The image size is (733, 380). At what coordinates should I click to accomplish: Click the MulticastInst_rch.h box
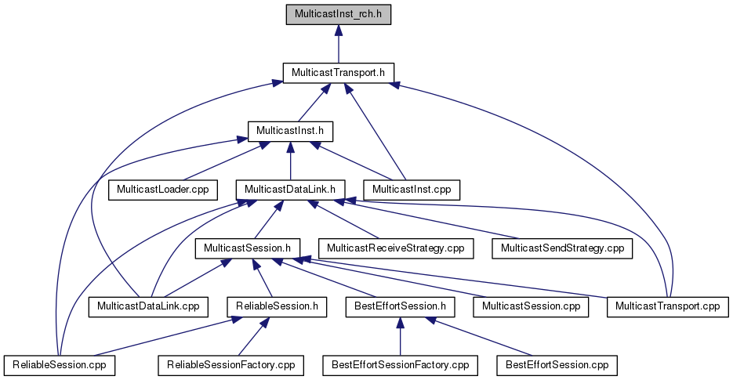point(339,14)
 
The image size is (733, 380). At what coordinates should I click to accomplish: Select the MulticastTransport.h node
point(339,73)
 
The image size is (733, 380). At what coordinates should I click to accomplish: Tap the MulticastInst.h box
point(290,132)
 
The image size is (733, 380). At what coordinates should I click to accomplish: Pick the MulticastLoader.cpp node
point(163,190)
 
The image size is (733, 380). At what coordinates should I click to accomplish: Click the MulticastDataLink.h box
point(290,190)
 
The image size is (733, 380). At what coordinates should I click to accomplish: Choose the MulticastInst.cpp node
point(412,190)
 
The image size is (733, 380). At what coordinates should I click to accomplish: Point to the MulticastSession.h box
point(247,248)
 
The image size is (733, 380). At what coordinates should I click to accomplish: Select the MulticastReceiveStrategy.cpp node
point(396,248)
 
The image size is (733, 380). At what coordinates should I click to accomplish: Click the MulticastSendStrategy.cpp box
point(562,248)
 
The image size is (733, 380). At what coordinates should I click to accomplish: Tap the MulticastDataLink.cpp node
point(148,306)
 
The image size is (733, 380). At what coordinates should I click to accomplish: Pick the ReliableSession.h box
point(278,306)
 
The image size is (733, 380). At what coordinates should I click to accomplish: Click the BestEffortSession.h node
point(400,306)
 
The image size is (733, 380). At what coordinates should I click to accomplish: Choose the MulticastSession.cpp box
point(531,306)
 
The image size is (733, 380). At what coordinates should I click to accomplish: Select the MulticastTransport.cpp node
point(668,306)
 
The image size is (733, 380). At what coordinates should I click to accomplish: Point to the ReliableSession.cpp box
point(60,365)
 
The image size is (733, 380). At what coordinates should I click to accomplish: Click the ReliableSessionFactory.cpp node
point(231,365)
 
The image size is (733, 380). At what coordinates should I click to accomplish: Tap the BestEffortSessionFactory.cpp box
point(400,365)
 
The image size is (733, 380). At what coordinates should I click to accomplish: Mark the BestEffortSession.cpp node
point(557,365)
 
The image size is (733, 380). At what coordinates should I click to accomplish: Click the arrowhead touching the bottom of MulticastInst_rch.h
point(339,31)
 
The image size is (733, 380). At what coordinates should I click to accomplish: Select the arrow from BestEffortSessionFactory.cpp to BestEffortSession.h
point(400,336)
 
